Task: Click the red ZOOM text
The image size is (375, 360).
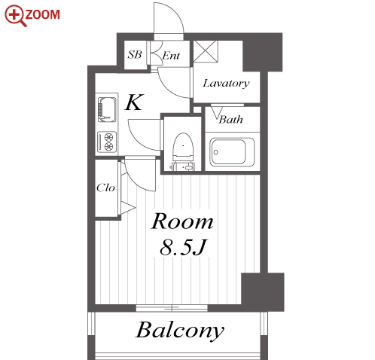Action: tap(43, 14)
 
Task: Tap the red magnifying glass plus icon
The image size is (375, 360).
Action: tap(15, 16)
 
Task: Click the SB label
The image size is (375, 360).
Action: tap(135, 54)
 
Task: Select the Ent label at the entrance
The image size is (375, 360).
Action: tap(171, 56)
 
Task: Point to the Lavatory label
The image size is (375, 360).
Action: tap(226, 84)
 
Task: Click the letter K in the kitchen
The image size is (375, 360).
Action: tap(135, 102)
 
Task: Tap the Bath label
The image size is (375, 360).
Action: tap(230, 119)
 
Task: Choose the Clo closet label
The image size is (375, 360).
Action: tap(105, 188)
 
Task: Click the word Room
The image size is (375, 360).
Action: tap(182, 221)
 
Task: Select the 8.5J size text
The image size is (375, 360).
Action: tap(183, 247)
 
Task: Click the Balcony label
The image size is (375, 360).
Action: tap(180, 331)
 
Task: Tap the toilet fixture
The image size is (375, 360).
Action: tap(183, 151)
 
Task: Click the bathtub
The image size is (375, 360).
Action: tap(232, 151)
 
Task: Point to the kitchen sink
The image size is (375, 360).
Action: tap(107, 109)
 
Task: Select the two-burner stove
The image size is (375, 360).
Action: tap(107, 142)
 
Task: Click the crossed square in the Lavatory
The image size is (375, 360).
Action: tap(206, 51)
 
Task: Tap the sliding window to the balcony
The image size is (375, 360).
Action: tap(172, 308)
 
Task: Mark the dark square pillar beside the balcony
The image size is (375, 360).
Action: tap(263, 291)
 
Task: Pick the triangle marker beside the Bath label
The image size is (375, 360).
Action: tap(217, 113)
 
